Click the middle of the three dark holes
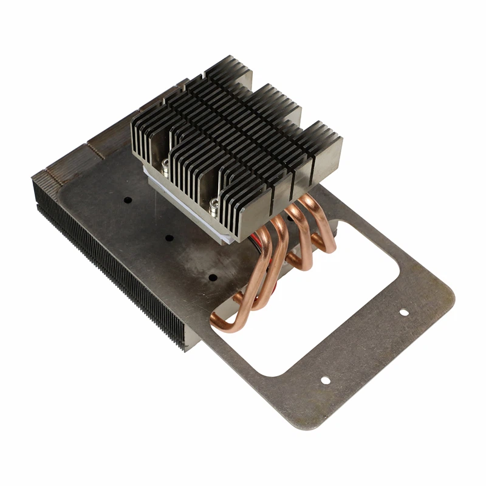tap(169, 238)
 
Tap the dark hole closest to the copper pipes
tap(213, 277)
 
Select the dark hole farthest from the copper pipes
tap(127, 199)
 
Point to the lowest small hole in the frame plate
tap(325, 380)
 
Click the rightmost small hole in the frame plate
tap(403, 313)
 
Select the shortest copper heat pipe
tap(319, 225)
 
